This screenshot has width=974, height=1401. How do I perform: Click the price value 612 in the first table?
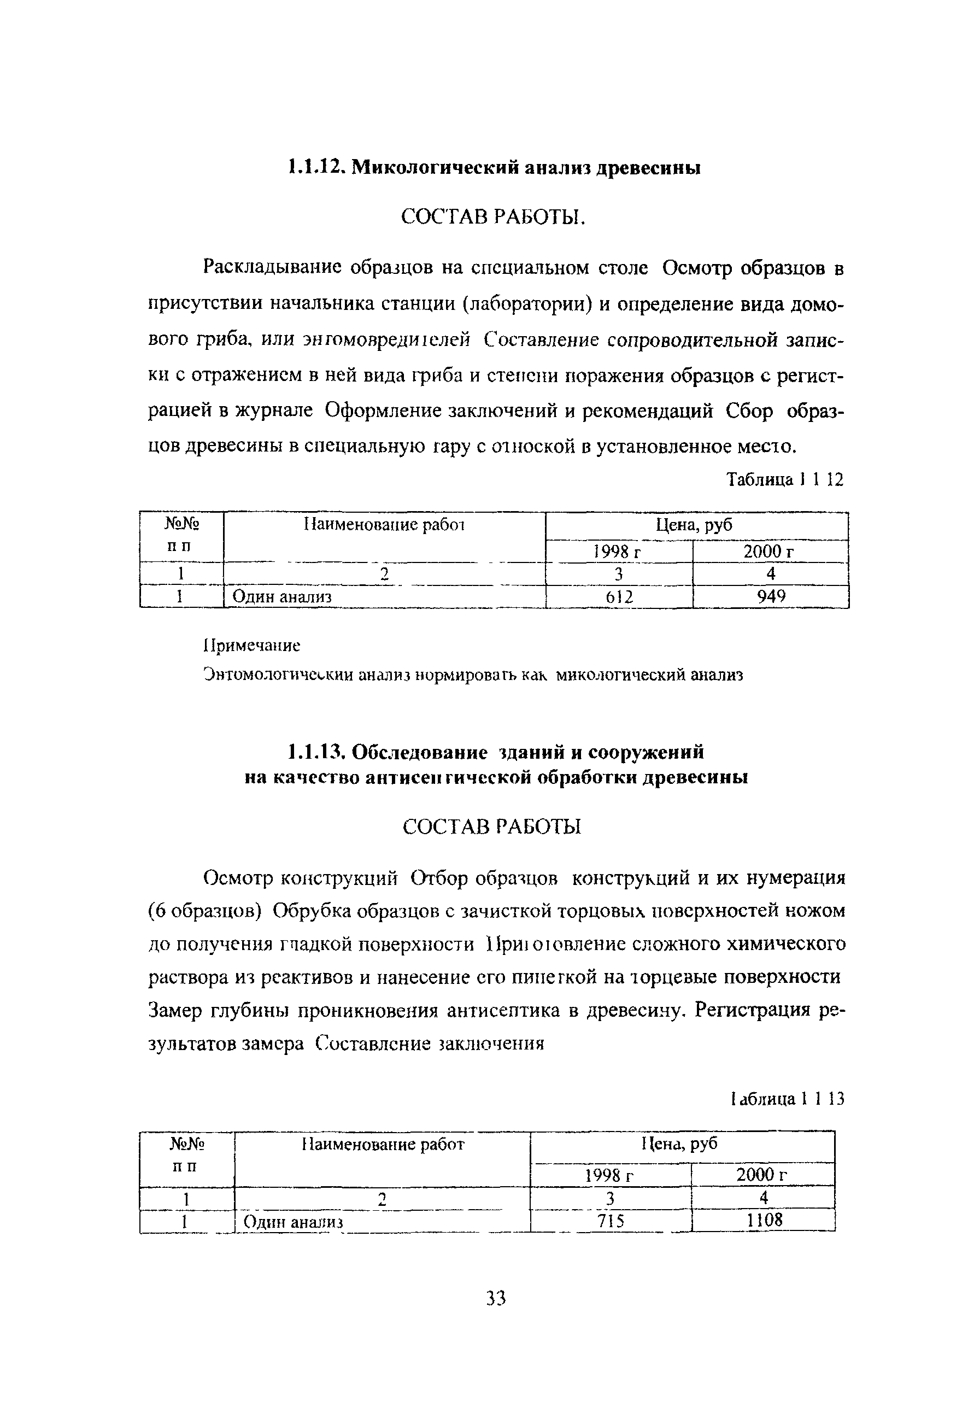point(619,597)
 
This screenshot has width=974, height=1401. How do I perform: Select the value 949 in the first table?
point(771,596)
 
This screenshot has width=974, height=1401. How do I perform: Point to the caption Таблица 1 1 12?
point(785,479)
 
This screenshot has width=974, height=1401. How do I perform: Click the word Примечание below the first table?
point(251,645)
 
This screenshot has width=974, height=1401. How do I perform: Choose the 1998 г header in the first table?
point(618,552)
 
